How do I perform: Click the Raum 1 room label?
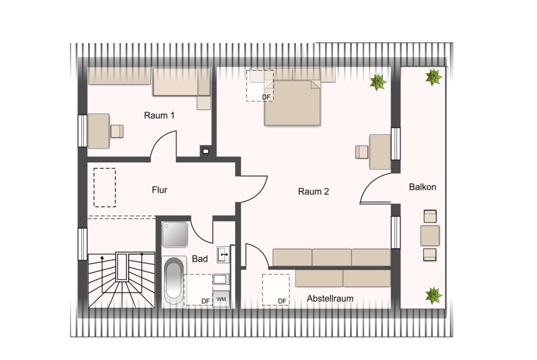(x=159, y=115)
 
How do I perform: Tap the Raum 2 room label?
(x=313, y=191)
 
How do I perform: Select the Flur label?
(x=160, y=189)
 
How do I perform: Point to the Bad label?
(x=200, y=259)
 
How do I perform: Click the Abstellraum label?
(x=330, y=299)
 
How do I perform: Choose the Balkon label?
(x=423, y=187)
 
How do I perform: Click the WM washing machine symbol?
(x=221, y=299)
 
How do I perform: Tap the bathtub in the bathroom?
(x=174, y=281)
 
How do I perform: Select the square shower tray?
(x=175, y=234)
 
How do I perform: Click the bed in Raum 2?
(x=292, y=103)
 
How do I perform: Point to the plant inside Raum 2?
(x=378, y=82)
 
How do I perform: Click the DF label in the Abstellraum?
(x=282, y=301)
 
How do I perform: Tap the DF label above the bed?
(x=266, y=97)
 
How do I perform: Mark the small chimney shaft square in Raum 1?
(x=206, y=151)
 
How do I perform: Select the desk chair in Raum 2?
(x=362, y=152)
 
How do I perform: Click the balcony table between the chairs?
(x=430, y=235)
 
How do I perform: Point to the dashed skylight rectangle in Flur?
(x=105, y=188)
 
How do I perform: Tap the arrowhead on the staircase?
(x=102, y=257)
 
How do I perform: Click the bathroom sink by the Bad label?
(x=224, y=255)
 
